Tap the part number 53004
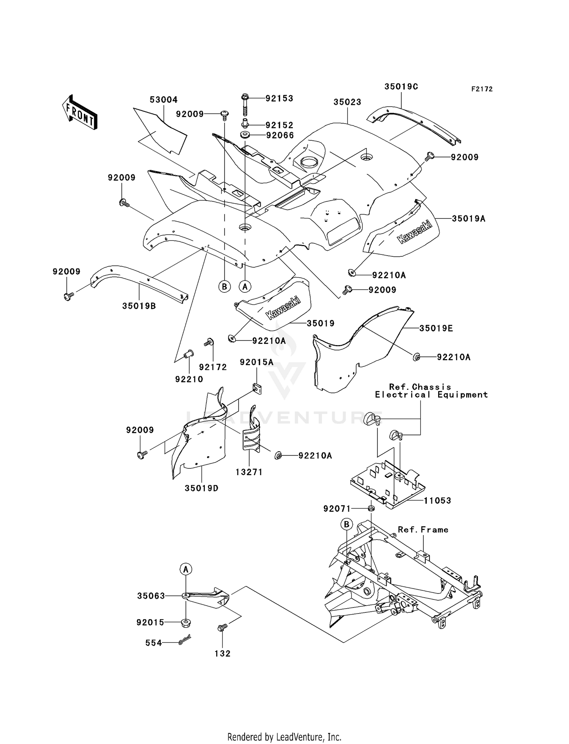(x=163, y=100)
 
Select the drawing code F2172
(x=482, y=89)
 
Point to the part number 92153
(x=279, y=99)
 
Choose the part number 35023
(x=347, y=102)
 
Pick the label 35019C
(x=401, y=86)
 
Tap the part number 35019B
(x=139, y=306)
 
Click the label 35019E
(x=436, y=328)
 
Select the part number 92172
(x=213, y=367)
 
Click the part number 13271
(x=249, y=472)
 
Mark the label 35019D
(x=201, y=488)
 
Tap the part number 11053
(x=437, y=501)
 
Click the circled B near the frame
(x=346, y=524)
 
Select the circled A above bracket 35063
(x=186, y=569)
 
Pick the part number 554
(x=154, y=643)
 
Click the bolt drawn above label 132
(x=222, y=628)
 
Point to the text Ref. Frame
(x=423, y=530)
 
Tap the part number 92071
(x=337, y=509)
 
